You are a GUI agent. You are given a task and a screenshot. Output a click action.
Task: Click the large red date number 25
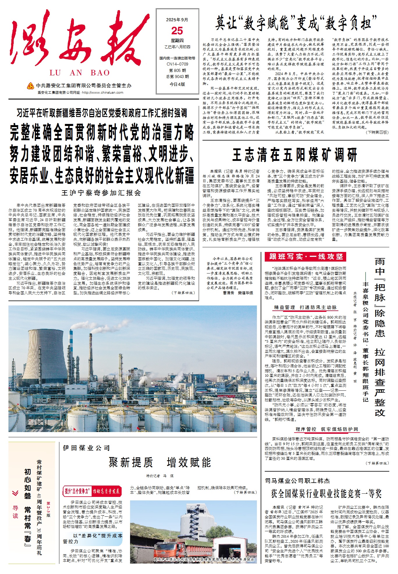177,31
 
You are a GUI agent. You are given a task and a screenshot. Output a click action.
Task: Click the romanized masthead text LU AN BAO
80,73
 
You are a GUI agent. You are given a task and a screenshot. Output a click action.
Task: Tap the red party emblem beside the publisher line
31,86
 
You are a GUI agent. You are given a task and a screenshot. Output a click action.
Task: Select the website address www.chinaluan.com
102,93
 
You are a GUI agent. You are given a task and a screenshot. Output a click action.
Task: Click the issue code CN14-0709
177,64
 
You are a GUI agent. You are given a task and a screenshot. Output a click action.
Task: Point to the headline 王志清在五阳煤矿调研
295,154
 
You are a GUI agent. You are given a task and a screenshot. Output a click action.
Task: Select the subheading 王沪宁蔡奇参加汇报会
102,193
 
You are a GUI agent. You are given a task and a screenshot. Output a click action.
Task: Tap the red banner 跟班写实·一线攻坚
305,257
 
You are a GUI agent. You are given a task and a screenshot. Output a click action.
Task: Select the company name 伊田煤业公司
86,448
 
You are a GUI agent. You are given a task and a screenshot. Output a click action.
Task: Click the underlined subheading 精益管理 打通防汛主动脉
305,308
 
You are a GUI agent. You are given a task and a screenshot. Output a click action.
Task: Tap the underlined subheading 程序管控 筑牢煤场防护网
327,429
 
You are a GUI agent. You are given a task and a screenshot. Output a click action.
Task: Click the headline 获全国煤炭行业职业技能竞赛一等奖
326,493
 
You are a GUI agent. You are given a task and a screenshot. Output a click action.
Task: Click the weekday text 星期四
177,41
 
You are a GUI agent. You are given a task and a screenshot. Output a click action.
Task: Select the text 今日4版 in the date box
177,84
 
